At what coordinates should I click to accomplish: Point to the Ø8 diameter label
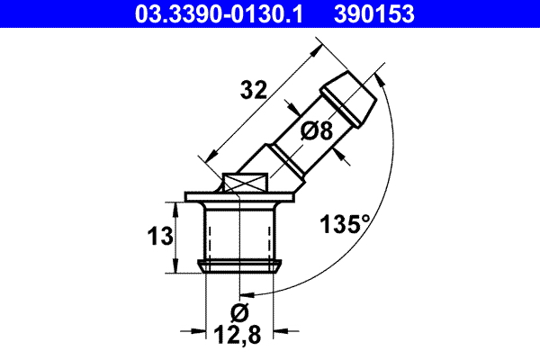coord(317,130)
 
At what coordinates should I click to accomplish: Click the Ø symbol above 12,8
coord(239,314)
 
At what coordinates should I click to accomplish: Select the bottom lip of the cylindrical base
coord(240,265)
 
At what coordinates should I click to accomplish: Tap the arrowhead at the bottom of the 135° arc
coord(248,292)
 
